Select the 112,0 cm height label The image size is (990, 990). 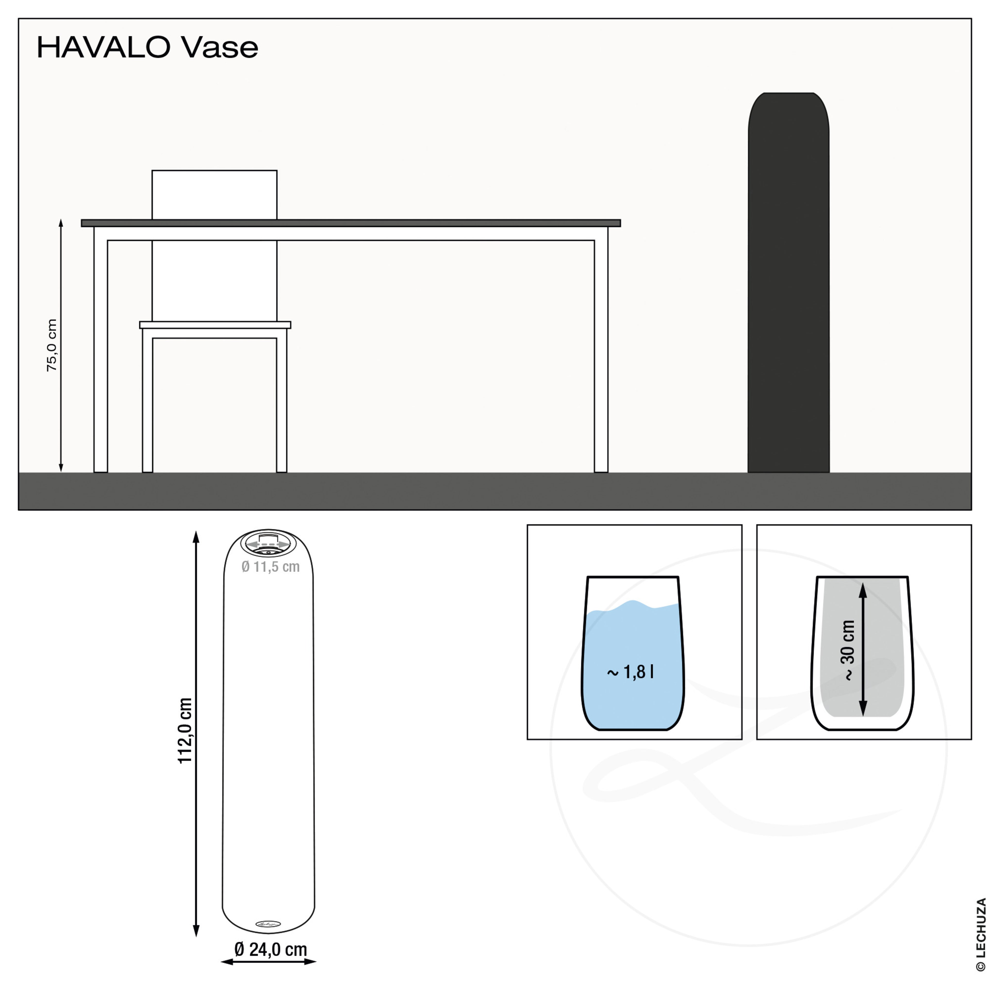[x=185, y=730]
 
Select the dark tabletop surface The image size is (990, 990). [x=351, y=223]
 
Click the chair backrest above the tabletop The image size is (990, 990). [x=214, y=195]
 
